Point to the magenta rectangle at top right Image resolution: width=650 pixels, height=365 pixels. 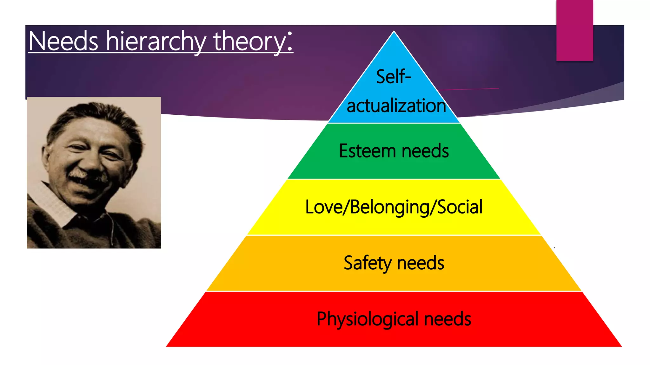coord(574,30)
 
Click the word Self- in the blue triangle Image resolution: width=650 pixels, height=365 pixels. coord(394,77)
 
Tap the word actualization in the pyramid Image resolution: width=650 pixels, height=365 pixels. coord(396,106)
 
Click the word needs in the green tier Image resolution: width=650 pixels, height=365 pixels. coord(425,151)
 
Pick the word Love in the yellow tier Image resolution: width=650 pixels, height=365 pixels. coord(324,207)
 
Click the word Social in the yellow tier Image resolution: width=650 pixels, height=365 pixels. coord(460,207)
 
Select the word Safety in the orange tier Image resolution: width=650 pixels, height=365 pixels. coord(368,263)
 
